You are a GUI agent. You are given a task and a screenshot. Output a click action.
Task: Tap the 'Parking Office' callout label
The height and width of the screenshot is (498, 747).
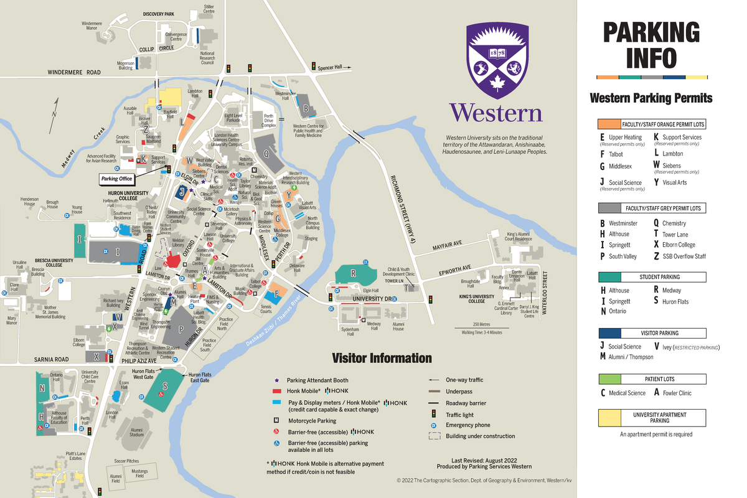click(117, 179)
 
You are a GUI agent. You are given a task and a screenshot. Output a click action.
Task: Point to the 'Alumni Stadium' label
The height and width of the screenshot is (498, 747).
click(136, 432)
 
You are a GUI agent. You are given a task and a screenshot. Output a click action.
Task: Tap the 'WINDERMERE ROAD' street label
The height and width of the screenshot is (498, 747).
click(74, 73)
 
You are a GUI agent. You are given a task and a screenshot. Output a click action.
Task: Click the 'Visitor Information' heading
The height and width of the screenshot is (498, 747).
click(381, 358)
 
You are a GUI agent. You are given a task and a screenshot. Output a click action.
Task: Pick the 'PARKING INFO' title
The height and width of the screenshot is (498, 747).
click(651, 45)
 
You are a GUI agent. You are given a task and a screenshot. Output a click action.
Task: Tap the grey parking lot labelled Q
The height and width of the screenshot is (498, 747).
click(268, 154)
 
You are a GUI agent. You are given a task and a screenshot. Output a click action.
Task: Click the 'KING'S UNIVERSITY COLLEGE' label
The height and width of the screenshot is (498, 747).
click(476, 298)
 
